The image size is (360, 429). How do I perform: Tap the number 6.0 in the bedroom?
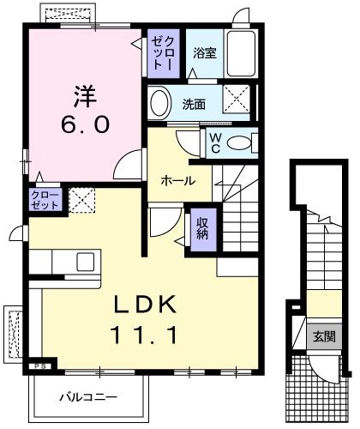85,125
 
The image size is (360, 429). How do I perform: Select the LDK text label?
143,304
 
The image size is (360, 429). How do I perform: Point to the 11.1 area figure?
143,335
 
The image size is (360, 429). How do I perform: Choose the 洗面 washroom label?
194,105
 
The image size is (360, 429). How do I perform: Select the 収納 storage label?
202,228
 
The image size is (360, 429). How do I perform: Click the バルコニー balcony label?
88,396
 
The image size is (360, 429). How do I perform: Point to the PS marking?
38,367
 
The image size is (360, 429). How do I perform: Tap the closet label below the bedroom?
46,201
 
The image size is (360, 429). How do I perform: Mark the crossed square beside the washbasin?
237,100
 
